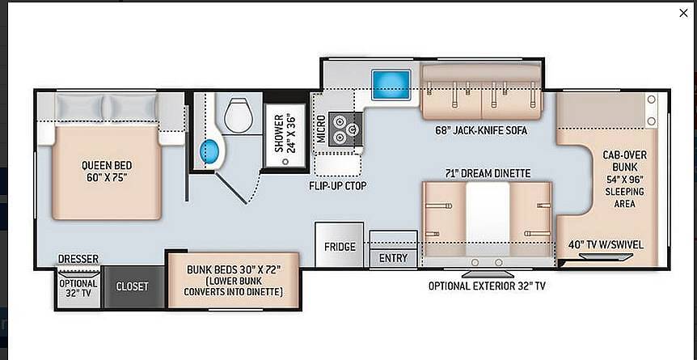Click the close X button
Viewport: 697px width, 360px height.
click(x=683, y=14)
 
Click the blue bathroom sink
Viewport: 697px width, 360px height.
click(x=209, y=151)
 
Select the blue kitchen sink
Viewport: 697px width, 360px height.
click(x=391, y=85)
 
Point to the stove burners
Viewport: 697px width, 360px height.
click(x=345, y=129)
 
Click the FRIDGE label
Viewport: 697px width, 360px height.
click(x=340, y=247)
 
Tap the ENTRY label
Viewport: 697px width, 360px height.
click(x=394, y=258)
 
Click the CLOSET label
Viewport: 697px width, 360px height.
click(x=132, y=286)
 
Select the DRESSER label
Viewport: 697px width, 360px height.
click(x=78, y=259)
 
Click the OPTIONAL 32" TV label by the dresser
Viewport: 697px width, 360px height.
click(x=78, y=288)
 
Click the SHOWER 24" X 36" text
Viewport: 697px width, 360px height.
click(x=285, y=133)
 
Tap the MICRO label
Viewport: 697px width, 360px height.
click(x=321, y=129)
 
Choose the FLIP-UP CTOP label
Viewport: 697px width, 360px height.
click(x=338, y=185)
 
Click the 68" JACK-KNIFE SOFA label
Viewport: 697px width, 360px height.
click(x=481, y=130)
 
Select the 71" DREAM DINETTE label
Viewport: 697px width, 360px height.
click(x=488, y=172)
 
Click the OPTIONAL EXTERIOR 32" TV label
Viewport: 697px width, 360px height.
click(x=487, y=286)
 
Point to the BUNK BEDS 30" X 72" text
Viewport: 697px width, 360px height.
click(x=234, y=269)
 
